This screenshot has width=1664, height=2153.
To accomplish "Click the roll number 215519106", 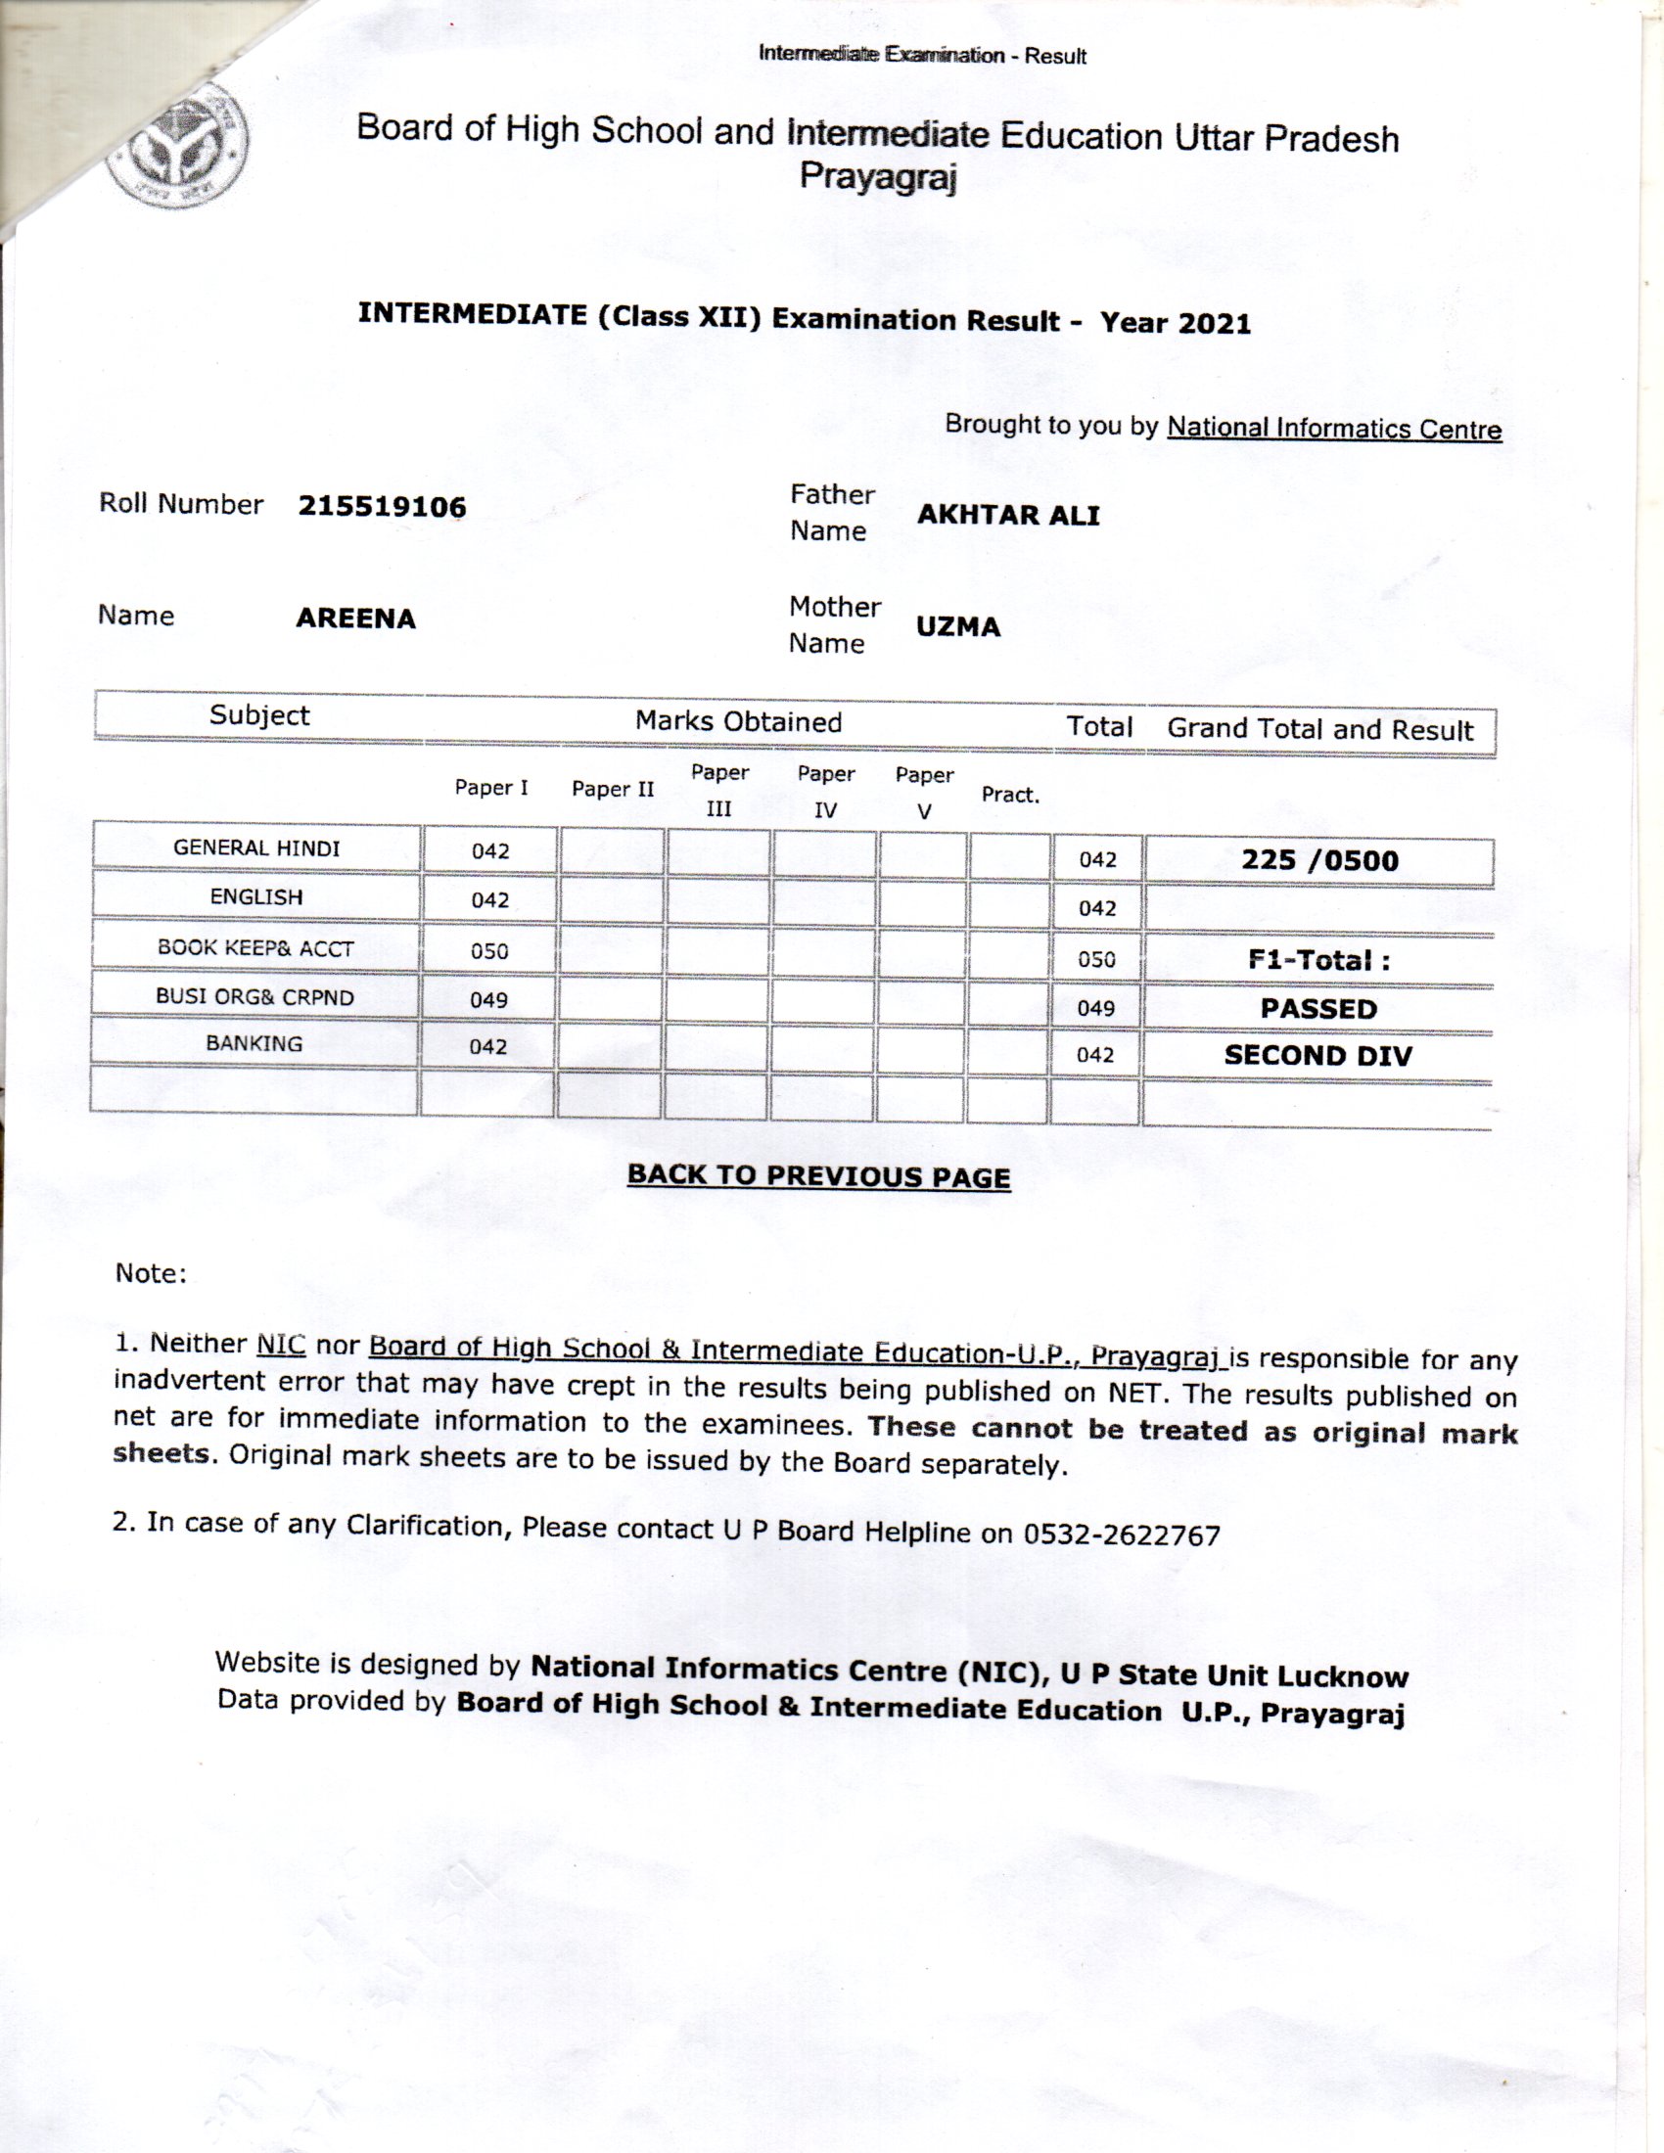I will [x=382, y=507].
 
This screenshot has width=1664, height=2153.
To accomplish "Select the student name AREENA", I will [x=356, y=619].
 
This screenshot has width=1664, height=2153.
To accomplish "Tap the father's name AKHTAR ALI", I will [x=1007, y=516].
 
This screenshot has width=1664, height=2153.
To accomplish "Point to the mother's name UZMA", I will [x=957, y=627].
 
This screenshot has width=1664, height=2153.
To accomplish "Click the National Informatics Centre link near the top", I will [x=1334, y=429].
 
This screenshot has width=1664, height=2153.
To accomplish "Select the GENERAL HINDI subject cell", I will [x=256, y=847].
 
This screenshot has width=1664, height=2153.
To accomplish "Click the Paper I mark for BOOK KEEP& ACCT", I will [x=489, y=951].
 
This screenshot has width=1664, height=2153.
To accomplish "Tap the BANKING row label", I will [x=254, y=1044].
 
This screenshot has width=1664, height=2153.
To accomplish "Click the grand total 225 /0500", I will [x=1319, y=860].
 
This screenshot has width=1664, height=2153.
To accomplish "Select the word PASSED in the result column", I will [x=1318, y=1008].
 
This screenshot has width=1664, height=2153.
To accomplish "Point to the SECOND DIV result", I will [x=1318, y=1056].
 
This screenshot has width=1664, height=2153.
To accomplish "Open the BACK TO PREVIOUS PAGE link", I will [x=818, y=1176].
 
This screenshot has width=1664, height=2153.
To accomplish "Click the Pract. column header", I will [x=1009, y=795].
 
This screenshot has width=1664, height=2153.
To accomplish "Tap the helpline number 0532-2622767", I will [x=1121, y=1535].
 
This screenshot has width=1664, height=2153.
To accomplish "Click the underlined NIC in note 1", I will [x=281, y=1344].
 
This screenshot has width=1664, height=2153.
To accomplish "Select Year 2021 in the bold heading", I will [x=1175, y=322].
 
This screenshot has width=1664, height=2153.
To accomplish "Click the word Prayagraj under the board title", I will [x=877, y=177].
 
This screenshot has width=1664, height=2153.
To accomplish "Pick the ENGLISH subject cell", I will [x=256, y=897].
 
